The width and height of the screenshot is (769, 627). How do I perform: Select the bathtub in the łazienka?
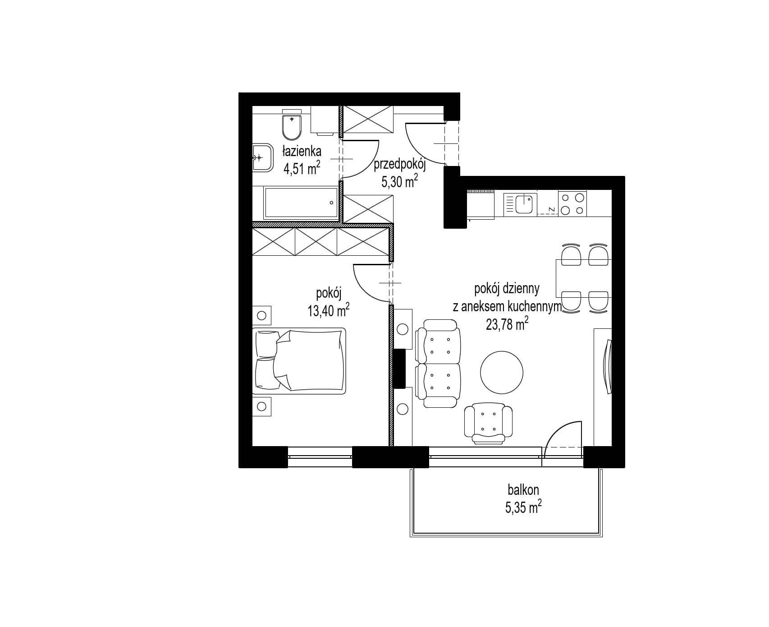tap(301, 203)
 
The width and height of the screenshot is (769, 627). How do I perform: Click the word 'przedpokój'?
tap(400, 165)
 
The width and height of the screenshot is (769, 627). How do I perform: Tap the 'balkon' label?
tap(523, 490)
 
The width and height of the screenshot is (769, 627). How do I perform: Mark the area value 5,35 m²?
tap(523, 508)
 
